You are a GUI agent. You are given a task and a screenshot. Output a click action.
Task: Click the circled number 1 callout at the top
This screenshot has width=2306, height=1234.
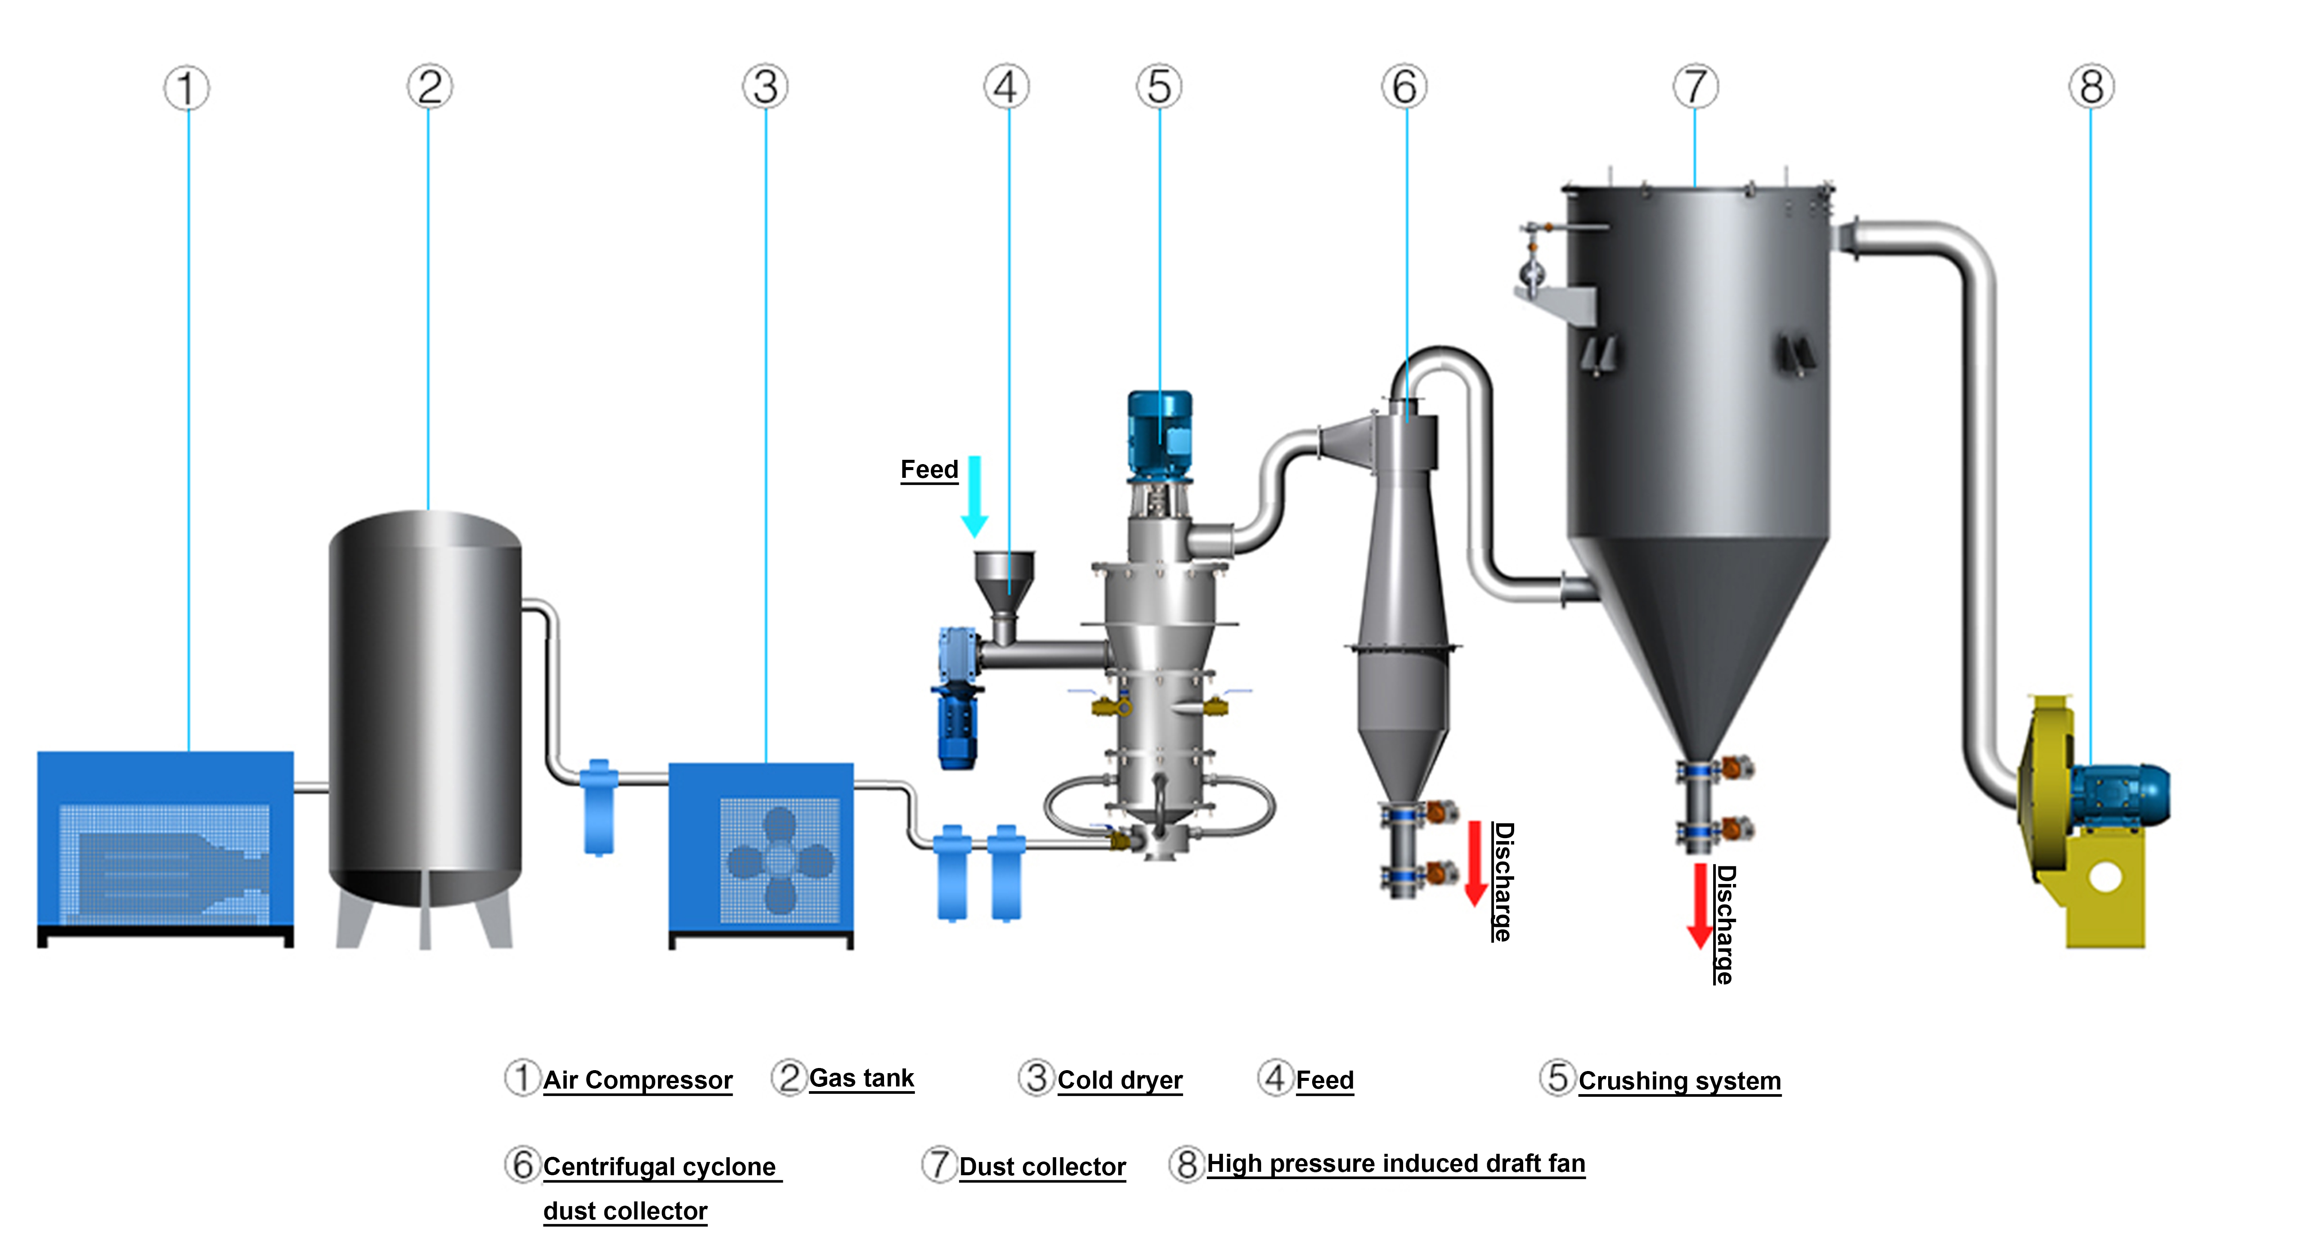pos(186,89)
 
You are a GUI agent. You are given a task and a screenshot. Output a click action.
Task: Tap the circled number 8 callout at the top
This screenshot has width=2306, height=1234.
pos(2091,87)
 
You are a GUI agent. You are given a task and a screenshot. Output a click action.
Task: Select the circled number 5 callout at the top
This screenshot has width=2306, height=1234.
pos(1159,87)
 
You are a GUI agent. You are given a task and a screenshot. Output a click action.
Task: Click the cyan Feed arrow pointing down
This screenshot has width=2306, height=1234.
pos(975,497)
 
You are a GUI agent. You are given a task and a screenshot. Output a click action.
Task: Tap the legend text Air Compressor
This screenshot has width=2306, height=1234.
pos(637,1080)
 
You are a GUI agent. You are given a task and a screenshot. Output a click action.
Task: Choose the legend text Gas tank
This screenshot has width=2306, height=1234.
pos(861,1078)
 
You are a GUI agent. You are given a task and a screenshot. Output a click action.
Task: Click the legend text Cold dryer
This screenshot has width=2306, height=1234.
pos(1120,1080)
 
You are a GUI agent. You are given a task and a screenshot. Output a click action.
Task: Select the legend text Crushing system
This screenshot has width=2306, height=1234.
pos(1679,1081)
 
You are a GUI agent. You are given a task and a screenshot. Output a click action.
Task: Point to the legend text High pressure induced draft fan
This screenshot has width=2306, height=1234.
pos(1396,1163)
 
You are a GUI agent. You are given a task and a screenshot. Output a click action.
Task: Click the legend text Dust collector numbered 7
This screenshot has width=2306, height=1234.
pos(1042,1167)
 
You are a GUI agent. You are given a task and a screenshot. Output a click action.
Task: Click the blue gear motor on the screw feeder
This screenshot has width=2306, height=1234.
pos(957,698)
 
